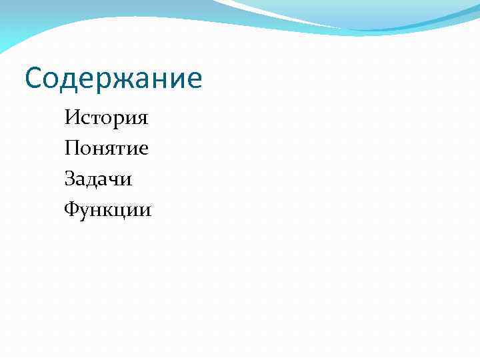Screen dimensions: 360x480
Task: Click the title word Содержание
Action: [x=113, y=79]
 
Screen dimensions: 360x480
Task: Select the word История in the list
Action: [x=107, y=119]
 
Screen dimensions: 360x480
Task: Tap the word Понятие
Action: [x=107, y=149]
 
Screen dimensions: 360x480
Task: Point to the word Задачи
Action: [x=99, y=179]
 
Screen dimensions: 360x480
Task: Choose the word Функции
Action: [x=108, y=211]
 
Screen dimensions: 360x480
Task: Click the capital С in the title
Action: [x=33, y=79]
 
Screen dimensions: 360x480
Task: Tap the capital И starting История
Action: [x=72, y=119]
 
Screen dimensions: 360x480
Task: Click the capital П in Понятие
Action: [x=72, y=148]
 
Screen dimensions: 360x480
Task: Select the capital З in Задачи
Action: [x=71, y=179]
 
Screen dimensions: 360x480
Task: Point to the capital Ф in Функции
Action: [x=71, y=210]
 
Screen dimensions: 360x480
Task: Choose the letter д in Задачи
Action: [x=94, y=181]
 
